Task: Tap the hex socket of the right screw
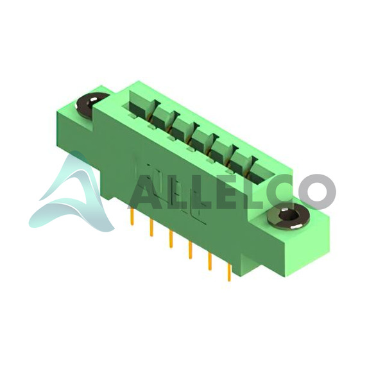289,216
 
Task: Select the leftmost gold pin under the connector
132,216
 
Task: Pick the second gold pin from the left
151,227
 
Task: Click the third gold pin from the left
171,239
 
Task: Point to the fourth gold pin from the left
190,250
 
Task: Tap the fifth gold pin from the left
210,261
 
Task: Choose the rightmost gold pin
229,272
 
